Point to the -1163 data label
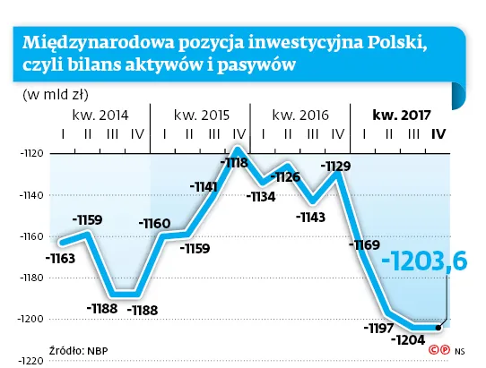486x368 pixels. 62,258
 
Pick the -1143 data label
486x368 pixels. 310,216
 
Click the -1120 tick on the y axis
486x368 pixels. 31,154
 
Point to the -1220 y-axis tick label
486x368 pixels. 31,360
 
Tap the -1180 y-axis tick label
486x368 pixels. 31,278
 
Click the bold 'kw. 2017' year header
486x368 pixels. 403,115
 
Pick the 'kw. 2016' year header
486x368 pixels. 299,115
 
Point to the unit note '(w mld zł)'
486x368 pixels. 45,93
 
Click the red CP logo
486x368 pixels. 438,350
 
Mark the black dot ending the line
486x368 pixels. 438,327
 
